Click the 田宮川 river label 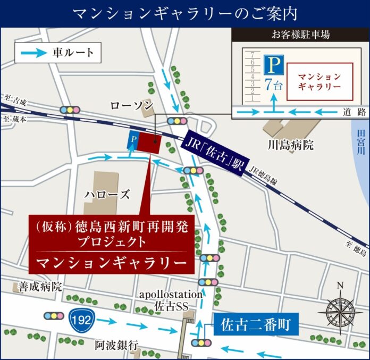361,140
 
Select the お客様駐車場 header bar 300,36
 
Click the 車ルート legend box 57,53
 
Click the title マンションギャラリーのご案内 184,13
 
